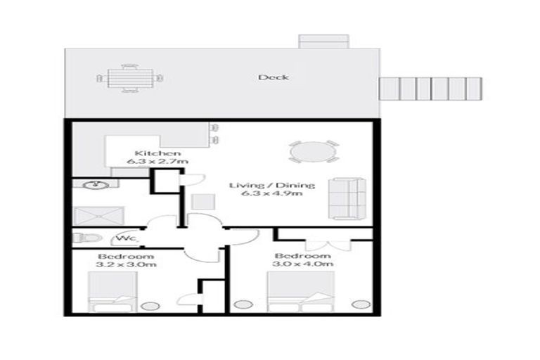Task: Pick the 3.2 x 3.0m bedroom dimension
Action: [127, 264]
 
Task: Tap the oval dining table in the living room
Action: [313, 152]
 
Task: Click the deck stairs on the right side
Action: [431, 89]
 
